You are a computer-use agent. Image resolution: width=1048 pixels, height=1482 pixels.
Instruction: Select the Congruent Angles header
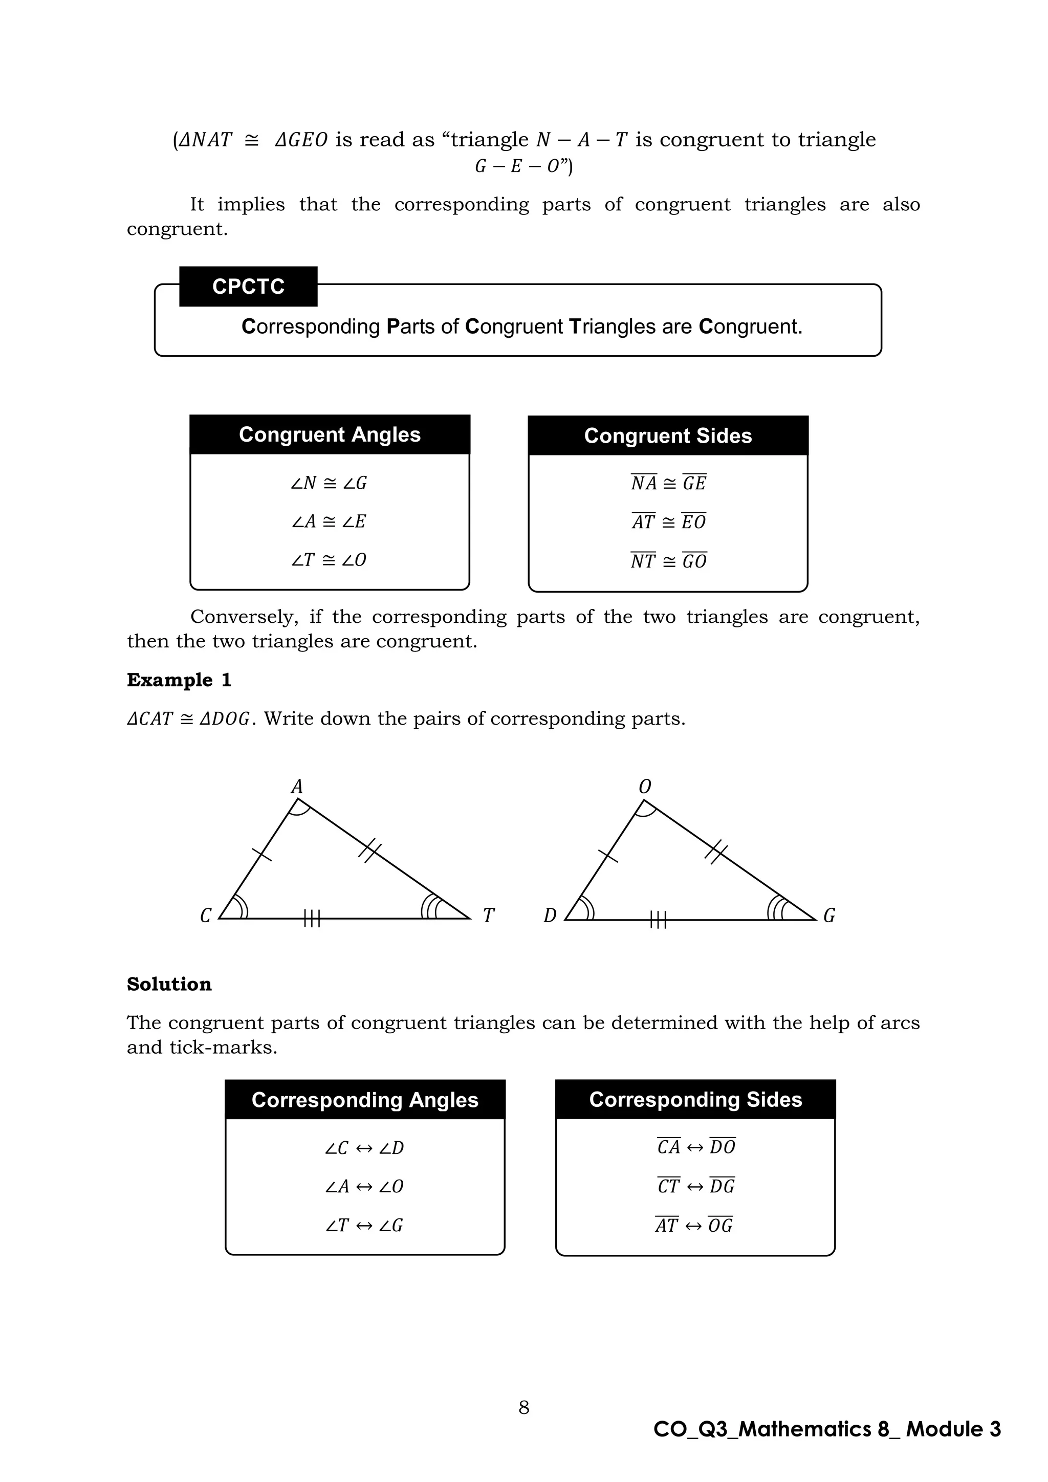point(329,434)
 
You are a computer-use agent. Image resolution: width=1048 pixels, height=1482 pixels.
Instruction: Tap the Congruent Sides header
point(668,435)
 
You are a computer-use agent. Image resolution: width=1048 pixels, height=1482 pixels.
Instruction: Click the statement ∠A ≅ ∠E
point(329,521)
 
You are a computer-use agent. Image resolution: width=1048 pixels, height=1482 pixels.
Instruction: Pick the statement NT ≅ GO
point(668,561)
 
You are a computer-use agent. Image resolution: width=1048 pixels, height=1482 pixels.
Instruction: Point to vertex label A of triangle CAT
point(296,786)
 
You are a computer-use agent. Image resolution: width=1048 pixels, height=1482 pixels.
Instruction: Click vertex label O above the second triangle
point(644,786)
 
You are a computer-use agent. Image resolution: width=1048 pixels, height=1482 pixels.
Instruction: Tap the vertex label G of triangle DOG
point(828,916)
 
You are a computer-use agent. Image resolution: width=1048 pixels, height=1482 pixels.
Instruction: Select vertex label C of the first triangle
point(206,916)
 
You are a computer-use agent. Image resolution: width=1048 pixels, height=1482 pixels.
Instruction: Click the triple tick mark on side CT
point(312,919)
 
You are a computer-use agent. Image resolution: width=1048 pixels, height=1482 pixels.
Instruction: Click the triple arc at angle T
point(431,906)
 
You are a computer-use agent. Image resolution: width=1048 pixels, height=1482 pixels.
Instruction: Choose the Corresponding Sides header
point(695,1099)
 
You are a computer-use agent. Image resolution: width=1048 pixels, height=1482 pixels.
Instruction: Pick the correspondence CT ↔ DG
point(695,1186)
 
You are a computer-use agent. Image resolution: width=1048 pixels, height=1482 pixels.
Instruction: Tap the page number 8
point(523,1407)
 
